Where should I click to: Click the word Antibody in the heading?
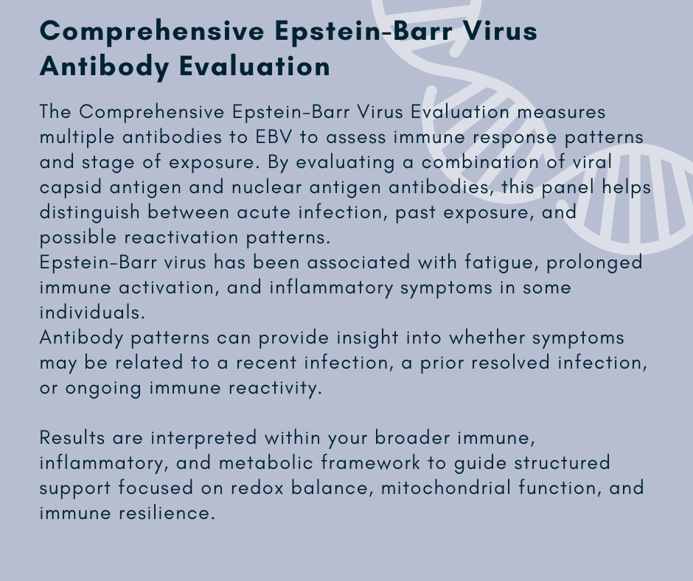pyautogui.click(x=104, y=67)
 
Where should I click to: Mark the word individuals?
pyautogui.click(x=92, y=313)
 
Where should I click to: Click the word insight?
pyautogui.click(x=367, y=338)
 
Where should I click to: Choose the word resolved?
pyautogui.click(x=510, y=363)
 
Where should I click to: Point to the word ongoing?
pyautogui.click(x=103, y=389)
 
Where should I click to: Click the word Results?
pyautogui.click(x=72, y=438)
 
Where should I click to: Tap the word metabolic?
pyautogui.click(x=266, y=463)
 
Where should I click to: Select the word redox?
pyautogui.click(x=257, y=488)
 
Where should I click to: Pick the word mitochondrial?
pyautogui.click(x=445, y=488)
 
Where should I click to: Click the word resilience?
pyautogui.click(x=167, y=513)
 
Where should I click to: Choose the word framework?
pyautogui.click(x=370, y=463)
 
